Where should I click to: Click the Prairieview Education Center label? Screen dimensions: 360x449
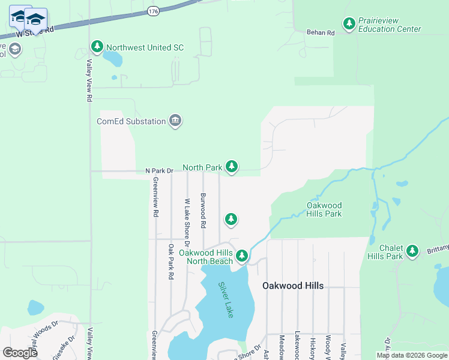point(390,25)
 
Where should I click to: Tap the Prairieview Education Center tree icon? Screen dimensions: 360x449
point(349,24)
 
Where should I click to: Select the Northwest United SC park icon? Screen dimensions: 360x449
point(97,46)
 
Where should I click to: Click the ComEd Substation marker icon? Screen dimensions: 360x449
point(175,121)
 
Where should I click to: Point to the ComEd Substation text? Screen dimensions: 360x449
point(131,121)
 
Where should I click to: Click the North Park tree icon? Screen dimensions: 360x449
point(232,167)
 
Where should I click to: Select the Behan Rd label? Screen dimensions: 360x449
point(320,33)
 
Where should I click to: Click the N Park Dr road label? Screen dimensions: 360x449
point(159,171)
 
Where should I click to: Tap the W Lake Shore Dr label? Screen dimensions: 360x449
point(187,223)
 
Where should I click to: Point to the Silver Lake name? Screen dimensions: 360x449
point(225,300)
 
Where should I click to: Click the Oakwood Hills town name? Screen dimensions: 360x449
point(293,286)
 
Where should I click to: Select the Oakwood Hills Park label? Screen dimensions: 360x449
point(324,209)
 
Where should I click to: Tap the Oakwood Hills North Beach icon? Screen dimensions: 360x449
point(242,256)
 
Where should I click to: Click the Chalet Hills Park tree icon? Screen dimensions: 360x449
point(412,251)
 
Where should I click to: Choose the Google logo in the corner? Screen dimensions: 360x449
point(20,353)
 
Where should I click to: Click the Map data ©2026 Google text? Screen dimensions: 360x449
point(412,355)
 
